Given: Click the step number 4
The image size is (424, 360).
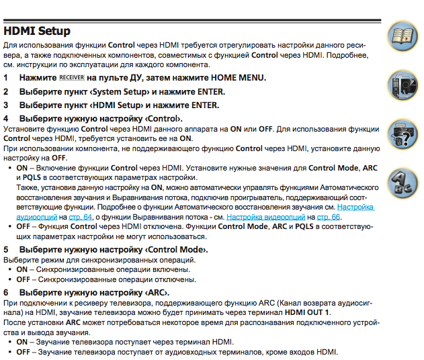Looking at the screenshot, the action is pos(6,118).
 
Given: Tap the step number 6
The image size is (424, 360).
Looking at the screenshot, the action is pos(6,293).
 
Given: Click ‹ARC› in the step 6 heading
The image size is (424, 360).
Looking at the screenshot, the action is pos(156,293).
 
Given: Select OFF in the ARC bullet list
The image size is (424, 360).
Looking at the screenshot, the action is pos(24,352).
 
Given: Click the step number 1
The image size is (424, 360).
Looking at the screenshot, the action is pos(6,78).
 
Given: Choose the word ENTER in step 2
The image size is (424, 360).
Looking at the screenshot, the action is pos(209,91).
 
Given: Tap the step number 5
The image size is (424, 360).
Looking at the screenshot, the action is pos(6,249).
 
